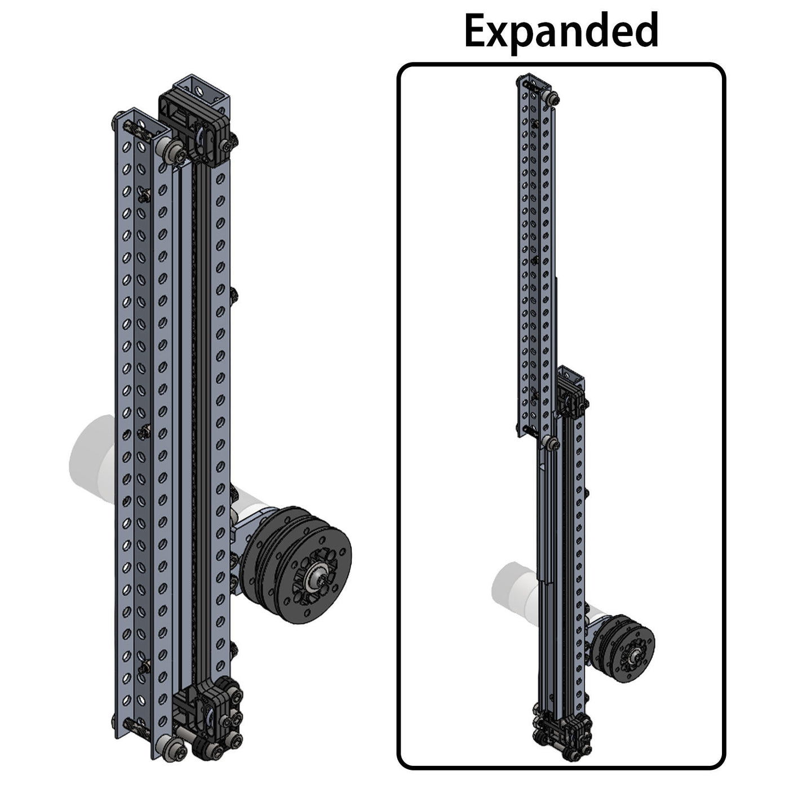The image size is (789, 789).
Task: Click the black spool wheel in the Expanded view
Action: pyautogui.click(x=626, y=648)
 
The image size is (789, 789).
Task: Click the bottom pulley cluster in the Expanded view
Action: pyautogui.click(x=561, y=733)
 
